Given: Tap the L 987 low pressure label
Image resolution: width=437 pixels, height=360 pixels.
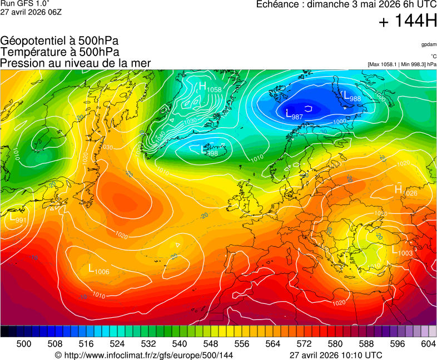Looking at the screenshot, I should pos(294,114).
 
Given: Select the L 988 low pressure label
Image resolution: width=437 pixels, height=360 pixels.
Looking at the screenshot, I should pos(352,96).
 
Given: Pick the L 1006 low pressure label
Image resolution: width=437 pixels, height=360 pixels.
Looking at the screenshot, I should pos(98,269).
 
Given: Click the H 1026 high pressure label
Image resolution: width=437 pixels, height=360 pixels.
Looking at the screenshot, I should pos(405,191).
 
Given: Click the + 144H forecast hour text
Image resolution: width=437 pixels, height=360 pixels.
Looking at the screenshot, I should pos(408,22).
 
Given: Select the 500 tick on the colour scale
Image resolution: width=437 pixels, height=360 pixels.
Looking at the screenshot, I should pos(24,344).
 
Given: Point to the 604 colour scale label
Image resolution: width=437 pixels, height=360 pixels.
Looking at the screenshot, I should pos(428,344).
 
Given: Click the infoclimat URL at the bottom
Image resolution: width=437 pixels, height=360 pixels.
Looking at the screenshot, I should pos(143,355).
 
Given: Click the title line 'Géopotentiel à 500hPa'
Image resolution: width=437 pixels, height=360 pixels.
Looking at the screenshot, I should pos(59,41).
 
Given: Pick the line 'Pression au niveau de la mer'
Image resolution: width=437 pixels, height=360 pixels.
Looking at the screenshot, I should pos(76,63).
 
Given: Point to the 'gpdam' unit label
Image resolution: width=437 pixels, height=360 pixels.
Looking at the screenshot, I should pos(428,44).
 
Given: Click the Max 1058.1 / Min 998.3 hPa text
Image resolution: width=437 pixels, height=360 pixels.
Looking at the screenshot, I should pos(401,64).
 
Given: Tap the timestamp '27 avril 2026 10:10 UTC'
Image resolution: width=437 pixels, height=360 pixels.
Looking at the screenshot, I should pos(336,355).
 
